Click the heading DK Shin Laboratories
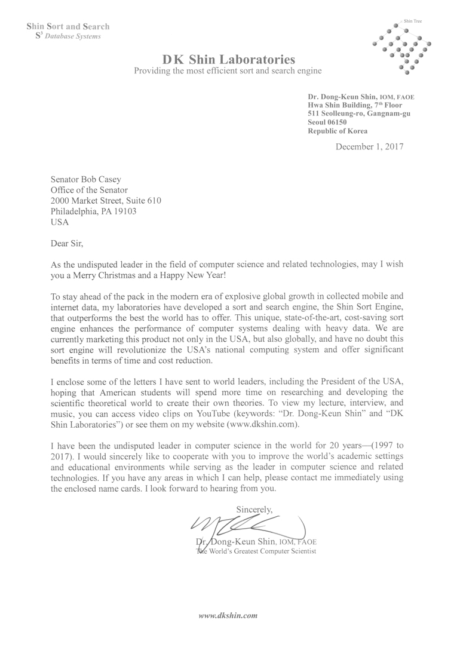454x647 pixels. (229, 60)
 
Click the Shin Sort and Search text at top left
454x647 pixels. (68, 26)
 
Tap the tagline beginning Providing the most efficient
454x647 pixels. (228, 71)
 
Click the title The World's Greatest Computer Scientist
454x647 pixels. (256, 551)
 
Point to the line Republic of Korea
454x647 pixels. (338, 131)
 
